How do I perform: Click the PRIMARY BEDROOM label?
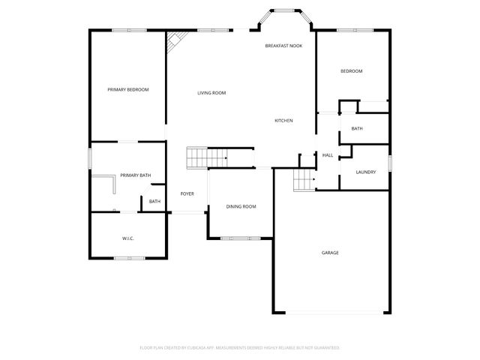[x=127, y=90]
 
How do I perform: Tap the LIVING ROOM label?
[x=211, y=93]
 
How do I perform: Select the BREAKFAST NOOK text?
[x=283, y=46]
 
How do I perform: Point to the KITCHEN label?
[x=283, y=121]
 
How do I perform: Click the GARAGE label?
[x=330, y=253]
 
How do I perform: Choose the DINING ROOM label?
[x=241, y=206]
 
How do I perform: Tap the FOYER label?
[x=187, y=194]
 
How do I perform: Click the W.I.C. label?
[x=127, y=238]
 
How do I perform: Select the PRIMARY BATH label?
[x=135, y=175]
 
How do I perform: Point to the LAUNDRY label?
[x=366, y=172]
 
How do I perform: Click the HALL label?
[x=328, y=155]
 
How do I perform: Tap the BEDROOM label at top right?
[x=352, y=71]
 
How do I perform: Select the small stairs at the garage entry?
[x=303, y=180]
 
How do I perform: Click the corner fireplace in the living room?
[x=175, y=42]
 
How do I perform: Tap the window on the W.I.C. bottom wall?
[x=129, y=259]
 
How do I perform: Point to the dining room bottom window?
[x=241, y=238]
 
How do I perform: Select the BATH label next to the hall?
[x=357, y=129]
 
